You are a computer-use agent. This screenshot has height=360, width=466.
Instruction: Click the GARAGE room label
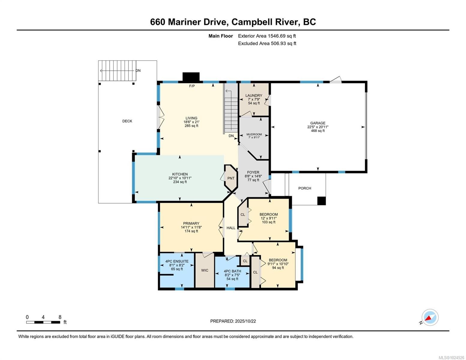pyautogui.click(x=317, y=123)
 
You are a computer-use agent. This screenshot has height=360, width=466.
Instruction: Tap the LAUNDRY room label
pyautogui.click(x=254, y=95)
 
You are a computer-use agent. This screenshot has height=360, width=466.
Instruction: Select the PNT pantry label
pyautogui.click(x=231, y=178)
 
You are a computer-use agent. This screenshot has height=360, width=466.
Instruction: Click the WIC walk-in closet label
pyautogui.click(x=205, y=270)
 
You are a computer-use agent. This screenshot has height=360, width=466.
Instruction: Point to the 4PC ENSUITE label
pyautogui.click(x=177, y=261)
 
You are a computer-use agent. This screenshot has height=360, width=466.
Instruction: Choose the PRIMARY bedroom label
pyautogui.click(x=191, y=223)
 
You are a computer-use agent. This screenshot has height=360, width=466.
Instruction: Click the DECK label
pyautogui.click(x=127, y=121)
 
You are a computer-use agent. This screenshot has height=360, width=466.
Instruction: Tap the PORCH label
pyautogui.click(x=305, y=188)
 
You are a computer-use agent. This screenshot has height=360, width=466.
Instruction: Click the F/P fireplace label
pyautogui.click(x=192, y=86)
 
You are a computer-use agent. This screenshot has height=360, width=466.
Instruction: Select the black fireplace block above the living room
pyautogui.click(x=191, y=77)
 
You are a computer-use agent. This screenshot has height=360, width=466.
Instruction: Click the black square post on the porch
pyautogui.click(x=321, y=201)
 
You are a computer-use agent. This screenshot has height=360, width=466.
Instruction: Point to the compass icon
pyautogui.click(x=430, y=317)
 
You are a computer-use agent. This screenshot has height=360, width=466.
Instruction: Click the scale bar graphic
pyautogui.click(x=43, y=322)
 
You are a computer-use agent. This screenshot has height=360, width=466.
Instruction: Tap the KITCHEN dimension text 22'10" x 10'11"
pyautogui.click(x=180, y=178)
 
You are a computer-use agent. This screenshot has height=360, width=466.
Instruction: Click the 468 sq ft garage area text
pyautogui.click(x=317, y=131)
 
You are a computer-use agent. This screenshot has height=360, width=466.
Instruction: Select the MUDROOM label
pyautogui.click(x=254, y=134)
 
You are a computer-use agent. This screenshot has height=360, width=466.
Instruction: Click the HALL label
pyautogui.click(x=231, y=228)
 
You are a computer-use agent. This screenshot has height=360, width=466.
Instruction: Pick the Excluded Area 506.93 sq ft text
pyautogui.click(x=267, y=43)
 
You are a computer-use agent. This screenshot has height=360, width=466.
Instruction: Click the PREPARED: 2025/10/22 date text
pyautogui.click(x=233, y=321)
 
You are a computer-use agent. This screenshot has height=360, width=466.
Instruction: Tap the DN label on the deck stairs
pyautogui.click(x=138, y=71)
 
